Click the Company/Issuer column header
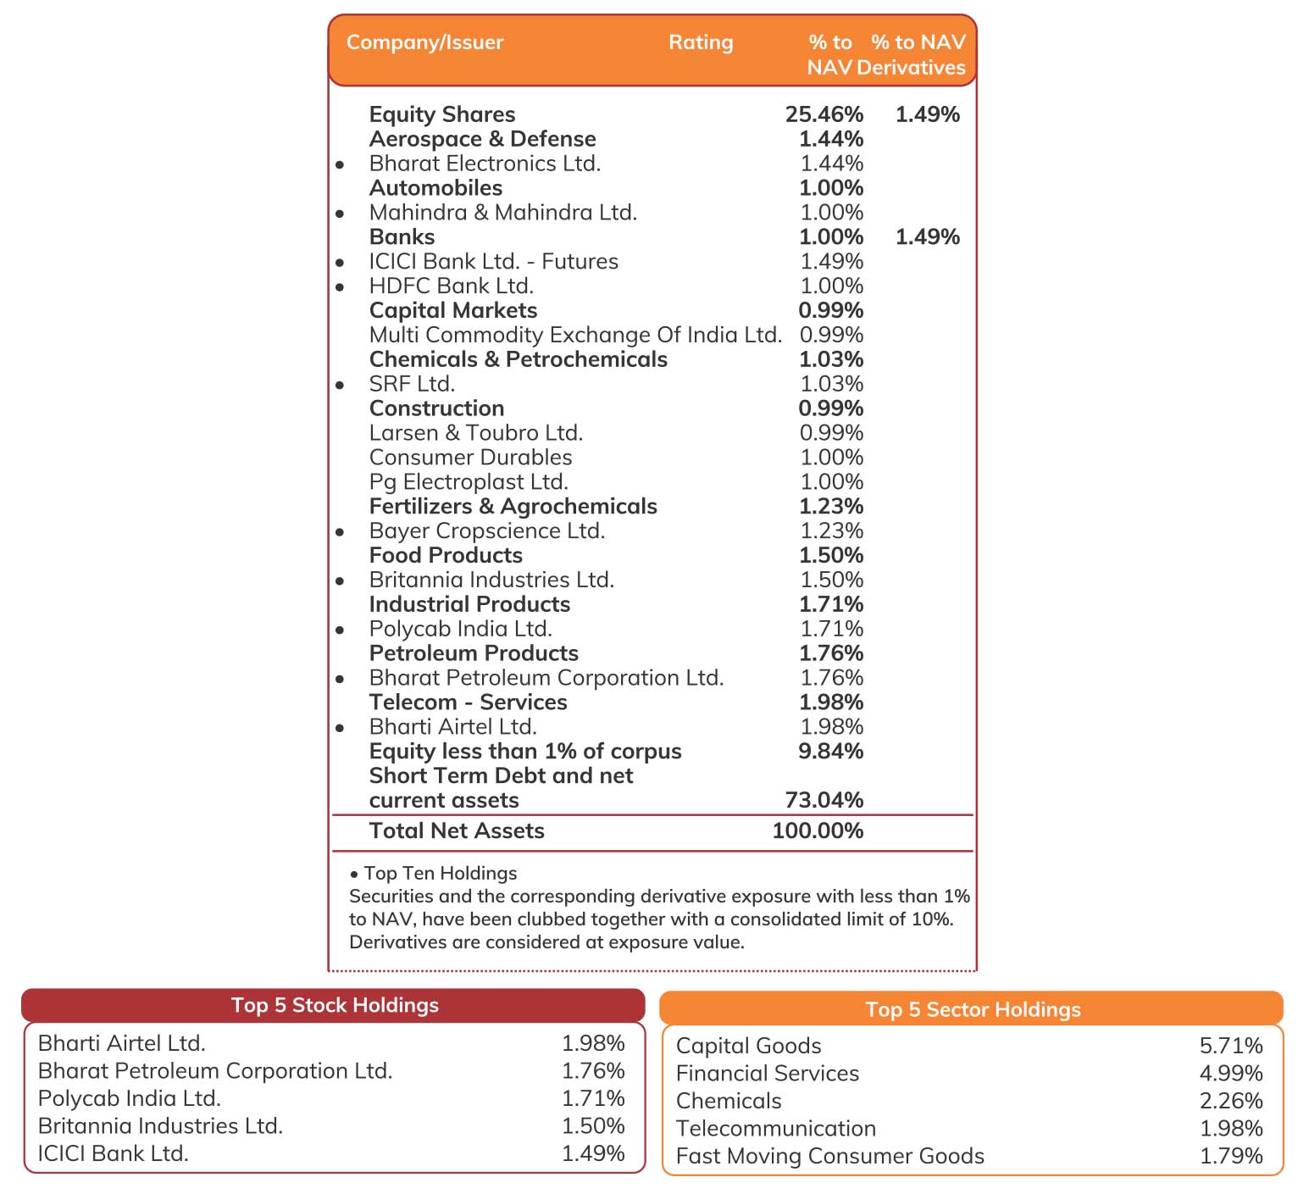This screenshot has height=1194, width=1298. click(x=424, y=42)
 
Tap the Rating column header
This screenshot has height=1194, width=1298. click(x=701, y=42)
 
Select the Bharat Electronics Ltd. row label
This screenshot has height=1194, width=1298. click(x=485, y=164)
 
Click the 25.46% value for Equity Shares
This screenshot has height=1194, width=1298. click(x=824, y=114)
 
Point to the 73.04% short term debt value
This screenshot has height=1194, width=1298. click(x=824, y=801)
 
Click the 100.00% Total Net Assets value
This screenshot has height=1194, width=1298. click(x=818, y=831)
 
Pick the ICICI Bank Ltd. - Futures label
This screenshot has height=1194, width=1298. click(x=494, y=262)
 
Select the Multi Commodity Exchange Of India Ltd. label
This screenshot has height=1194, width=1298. click(x=575, y=336)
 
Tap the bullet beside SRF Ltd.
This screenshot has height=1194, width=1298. click(x=340, y=386)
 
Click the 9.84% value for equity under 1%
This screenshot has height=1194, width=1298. click(x=830, y=752)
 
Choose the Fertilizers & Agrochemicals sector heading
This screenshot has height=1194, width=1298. click(x=513, y=507)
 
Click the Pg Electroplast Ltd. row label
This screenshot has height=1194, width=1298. click(x=469, y=482)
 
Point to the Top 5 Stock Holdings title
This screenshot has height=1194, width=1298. click(x=335, y=1005)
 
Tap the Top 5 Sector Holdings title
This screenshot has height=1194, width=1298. click(x=973, y=1009)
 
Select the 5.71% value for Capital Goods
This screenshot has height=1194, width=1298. click(x=1231, y=1045)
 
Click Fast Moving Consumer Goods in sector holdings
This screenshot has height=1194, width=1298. click(x=829, y=1156)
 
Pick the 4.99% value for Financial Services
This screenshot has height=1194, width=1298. click(x=1231, y=1073)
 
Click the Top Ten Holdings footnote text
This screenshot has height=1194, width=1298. click(x=440, y=874)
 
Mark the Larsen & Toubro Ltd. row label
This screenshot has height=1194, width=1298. click(x=475, y=433)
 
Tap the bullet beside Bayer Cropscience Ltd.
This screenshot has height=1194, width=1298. click(x=340, y=533)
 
